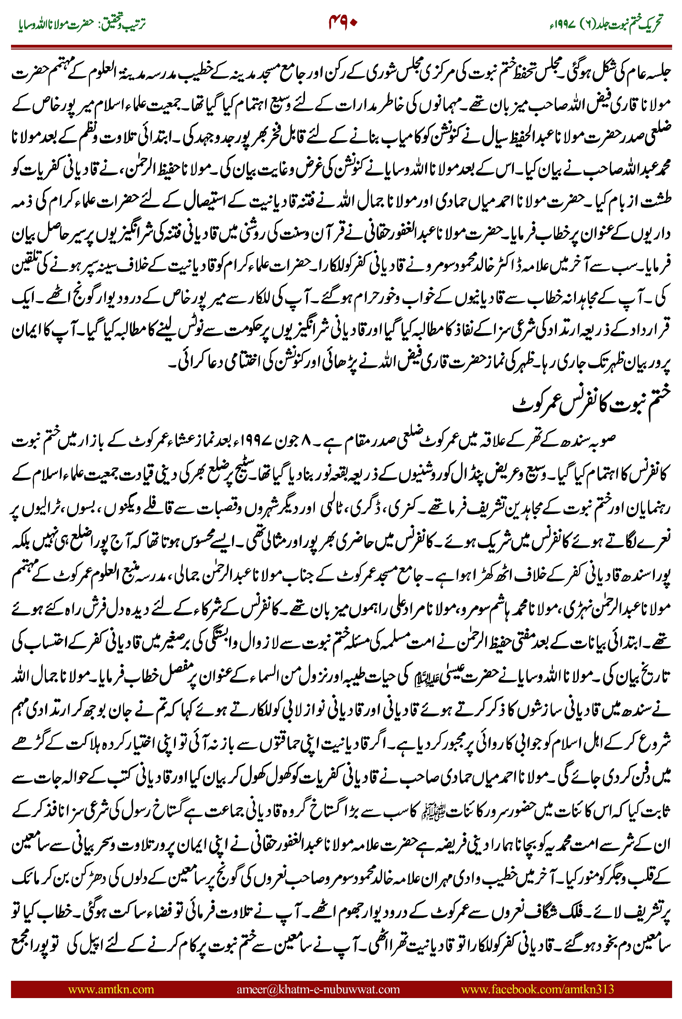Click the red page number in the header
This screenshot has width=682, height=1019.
pos(343,22)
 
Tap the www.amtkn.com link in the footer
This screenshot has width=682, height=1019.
pos(111,989)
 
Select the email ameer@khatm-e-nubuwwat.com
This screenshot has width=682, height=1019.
pos(318,989)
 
